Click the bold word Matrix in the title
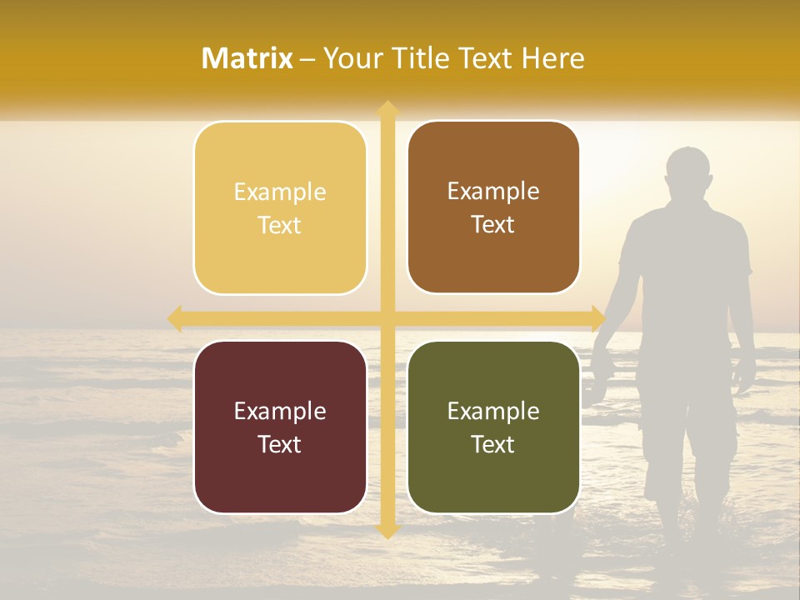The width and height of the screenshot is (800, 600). tap(247, 58)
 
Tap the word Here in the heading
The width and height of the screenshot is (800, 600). tap(552, 58)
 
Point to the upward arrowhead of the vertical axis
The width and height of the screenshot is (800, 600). tap(387, 107)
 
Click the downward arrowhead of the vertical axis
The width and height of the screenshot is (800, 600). tap(387, 532)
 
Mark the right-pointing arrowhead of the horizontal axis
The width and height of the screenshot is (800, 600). tap(597, 318)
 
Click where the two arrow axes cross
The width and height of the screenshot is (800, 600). tap(387, 318)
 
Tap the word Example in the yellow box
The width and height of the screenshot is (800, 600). tap(280, 192)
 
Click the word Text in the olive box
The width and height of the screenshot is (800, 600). tap(493, 444)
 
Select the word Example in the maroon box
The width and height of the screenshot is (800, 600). tap(280, 412)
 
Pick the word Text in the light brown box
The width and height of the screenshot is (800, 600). tap(493, 225)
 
